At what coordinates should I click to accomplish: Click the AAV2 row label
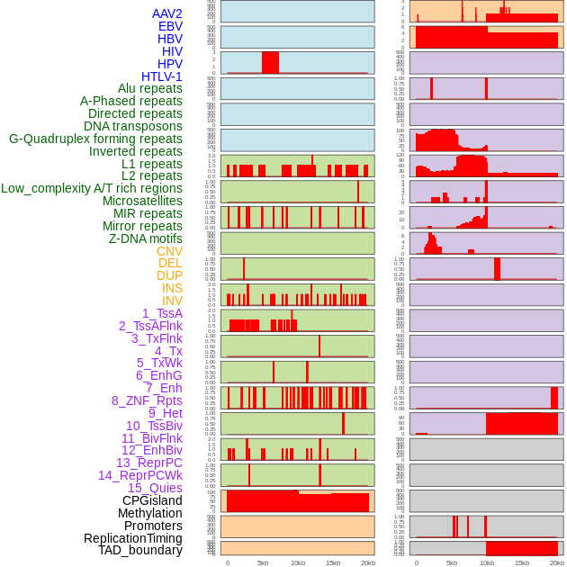(167, 13)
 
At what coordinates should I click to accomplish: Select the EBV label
(170, 26)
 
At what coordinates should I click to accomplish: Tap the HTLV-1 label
(162, 76)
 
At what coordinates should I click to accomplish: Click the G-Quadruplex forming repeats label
(95, 139)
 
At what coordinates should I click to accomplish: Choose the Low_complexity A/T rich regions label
(92, 188)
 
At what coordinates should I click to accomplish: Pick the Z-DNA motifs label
(146, 238)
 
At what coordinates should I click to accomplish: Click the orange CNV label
(169, 251)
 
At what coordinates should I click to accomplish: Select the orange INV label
(172, 301)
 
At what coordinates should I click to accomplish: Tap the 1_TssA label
(162, 313)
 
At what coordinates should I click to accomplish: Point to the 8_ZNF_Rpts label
(147, 400)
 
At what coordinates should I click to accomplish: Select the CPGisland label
(152, 500)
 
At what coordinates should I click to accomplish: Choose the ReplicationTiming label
(133, 538)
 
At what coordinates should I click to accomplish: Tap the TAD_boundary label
(140, 550)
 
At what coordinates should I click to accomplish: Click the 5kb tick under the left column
(263, 562)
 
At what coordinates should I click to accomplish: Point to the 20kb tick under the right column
(557, 562)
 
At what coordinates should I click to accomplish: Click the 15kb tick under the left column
(333, 562)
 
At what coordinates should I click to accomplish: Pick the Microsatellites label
(142, 201)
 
